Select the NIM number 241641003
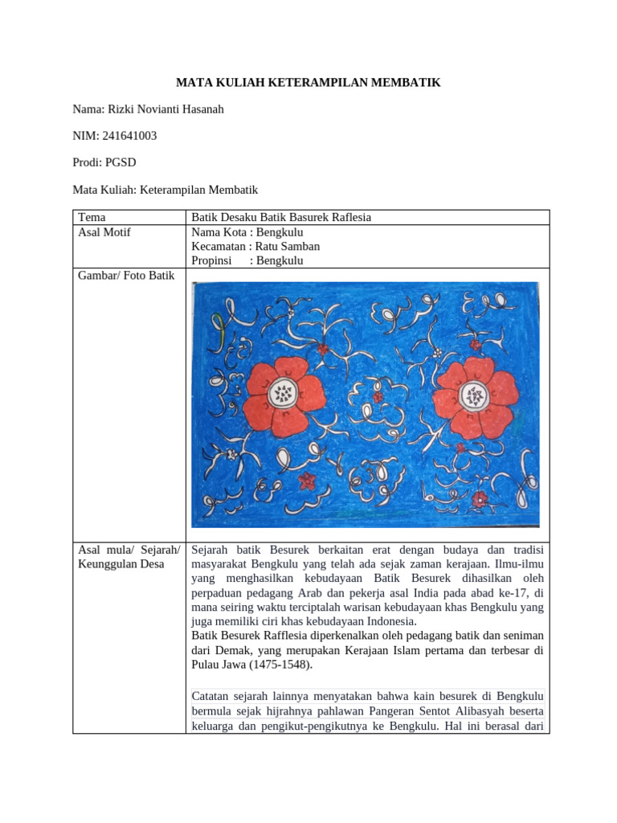[129, 136]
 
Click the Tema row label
[91, 217]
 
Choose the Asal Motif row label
[104, 232]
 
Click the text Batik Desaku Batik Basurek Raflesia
[281, 217]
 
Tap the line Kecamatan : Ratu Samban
[255, 247]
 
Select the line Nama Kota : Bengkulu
[247, 232]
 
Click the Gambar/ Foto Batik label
[126, 276]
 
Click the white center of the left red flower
[282, 393]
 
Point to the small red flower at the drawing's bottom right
[479, 499]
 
